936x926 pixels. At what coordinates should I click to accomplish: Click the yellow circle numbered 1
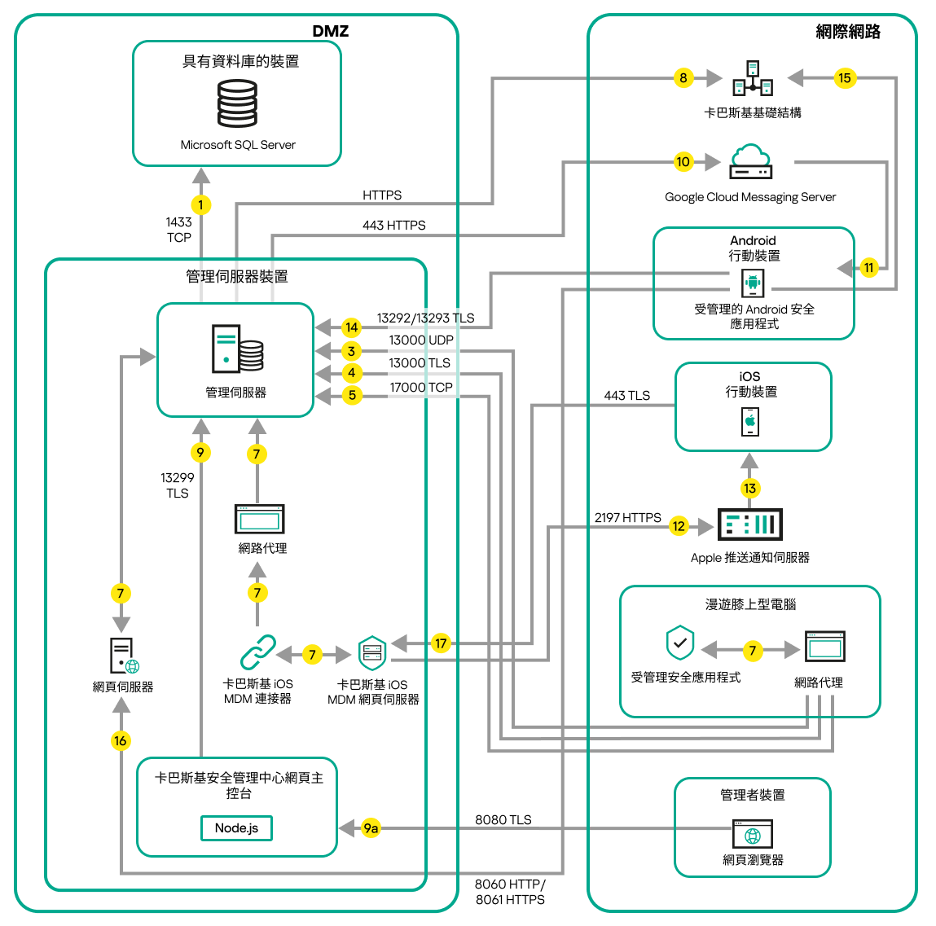point(200,205)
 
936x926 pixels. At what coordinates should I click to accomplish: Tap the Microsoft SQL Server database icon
point(237,103)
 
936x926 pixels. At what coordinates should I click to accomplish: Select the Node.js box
point(236,827)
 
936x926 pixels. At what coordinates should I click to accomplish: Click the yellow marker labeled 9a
point(371,828)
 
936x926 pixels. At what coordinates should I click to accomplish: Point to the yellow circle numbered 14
point(351,327)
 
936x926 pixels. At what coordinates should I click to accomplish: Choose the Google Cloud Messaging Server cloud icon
point(750,161)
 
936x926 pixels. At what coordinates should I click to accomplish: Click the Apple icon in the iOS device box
point(750,422)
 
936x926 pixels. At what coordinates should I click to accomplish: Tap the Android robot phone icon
point(753,283)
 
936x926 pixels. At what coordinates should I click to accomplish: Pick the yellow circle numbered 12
point(679,526)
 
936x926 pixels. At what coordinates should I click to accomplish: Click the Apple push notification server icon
point(749,524)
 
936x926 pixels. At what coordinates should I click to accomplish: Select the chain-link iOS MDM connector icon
point(258,653)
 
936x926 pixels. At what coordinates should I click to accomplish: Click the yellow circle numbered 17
point(441,643)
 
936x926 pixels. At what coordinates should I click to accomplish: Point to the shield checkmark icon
point(680,643)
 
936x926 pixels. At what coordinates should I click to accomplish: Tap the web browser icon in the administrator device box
point(753,834)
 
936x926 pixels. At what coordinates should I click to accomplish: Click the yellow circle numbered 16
point(121,740)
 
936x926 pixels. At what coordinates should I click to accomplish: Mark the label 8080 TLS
point(503,819)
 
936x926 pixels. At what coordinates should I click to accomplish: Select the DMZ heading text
point(330,31)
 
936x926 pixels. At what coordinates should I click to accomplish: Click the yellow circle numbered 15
point(844,78)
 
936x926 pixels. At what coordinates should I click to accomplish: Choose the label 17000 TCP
point(420,388)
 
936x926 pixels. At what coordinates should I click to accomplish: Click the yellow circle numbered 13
point(749,488)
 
